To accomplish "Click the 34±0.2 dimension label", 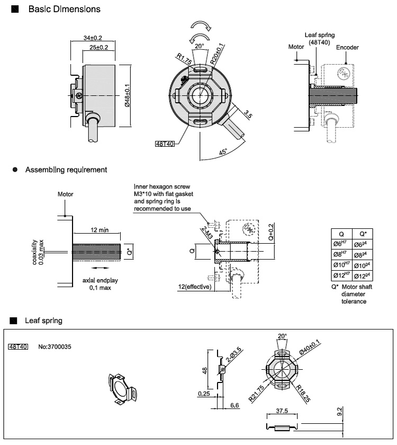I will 93,38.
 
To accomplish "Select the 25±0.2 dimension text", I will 99,47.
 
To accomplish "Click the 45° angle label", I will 224,152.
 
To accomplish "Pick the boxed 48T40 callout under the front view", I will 165,144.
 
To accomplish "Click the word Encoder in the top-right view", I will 347,47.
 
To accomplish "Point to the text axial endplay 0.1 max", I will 97,283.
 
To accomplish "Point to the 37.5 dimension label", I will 282,411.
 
